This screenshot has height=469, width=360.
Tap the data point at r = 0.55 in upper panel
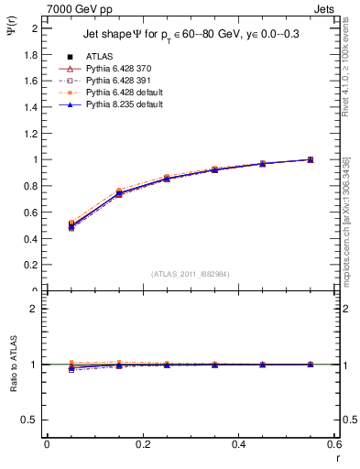(x=311, y=159)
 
